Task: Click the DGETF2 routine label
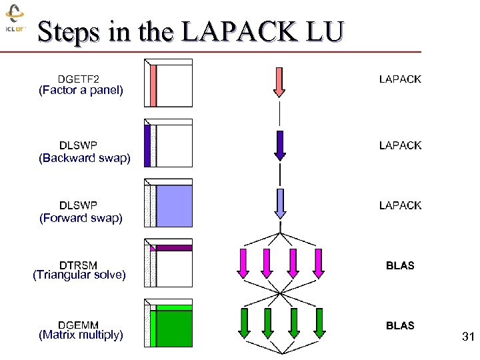click(78, 79)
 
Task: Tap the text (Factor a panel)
click(81, 91)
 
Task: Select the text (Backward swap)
click(85, 158)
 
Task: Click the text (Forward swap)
click(81, 218)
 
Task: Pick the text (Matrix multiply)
click(81, 335)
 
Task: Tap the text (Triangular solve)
click(79, 275)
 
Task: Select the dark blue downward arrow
click(280, 145)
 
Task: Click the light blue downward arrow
click(280, 203)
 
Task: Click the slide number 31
click(467, 338)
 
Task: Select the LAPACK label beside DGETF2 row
click(400, 79)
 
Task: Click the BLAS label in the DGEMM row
click(400, 325)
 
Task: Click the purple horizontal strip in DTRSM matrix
click(173, 248)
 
